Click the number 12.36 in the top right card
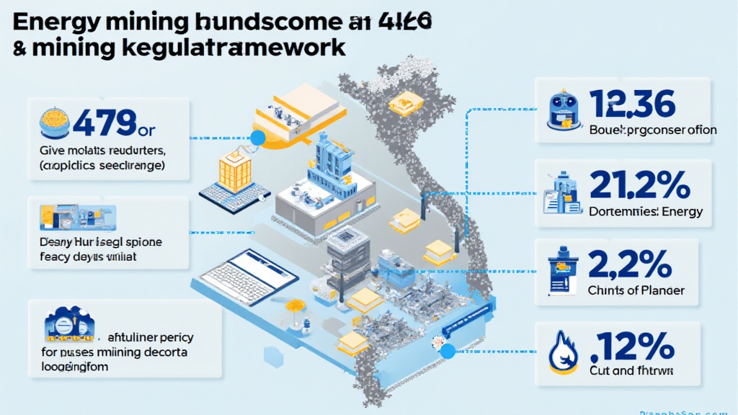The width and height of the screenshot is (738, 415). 632,104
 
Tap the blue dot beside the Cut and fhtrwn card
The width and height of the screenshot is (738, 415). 448,352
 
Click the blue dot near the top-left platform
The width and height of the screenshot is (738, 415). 257,138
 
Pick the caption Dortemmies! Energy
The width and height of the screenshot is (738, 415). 646,212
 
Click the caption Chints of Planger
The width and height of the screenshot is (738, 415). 636,291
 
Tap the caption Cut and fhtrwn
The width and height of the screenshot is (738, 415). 633,372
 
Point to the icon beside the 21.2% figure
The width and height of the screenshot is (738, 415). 561,192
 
